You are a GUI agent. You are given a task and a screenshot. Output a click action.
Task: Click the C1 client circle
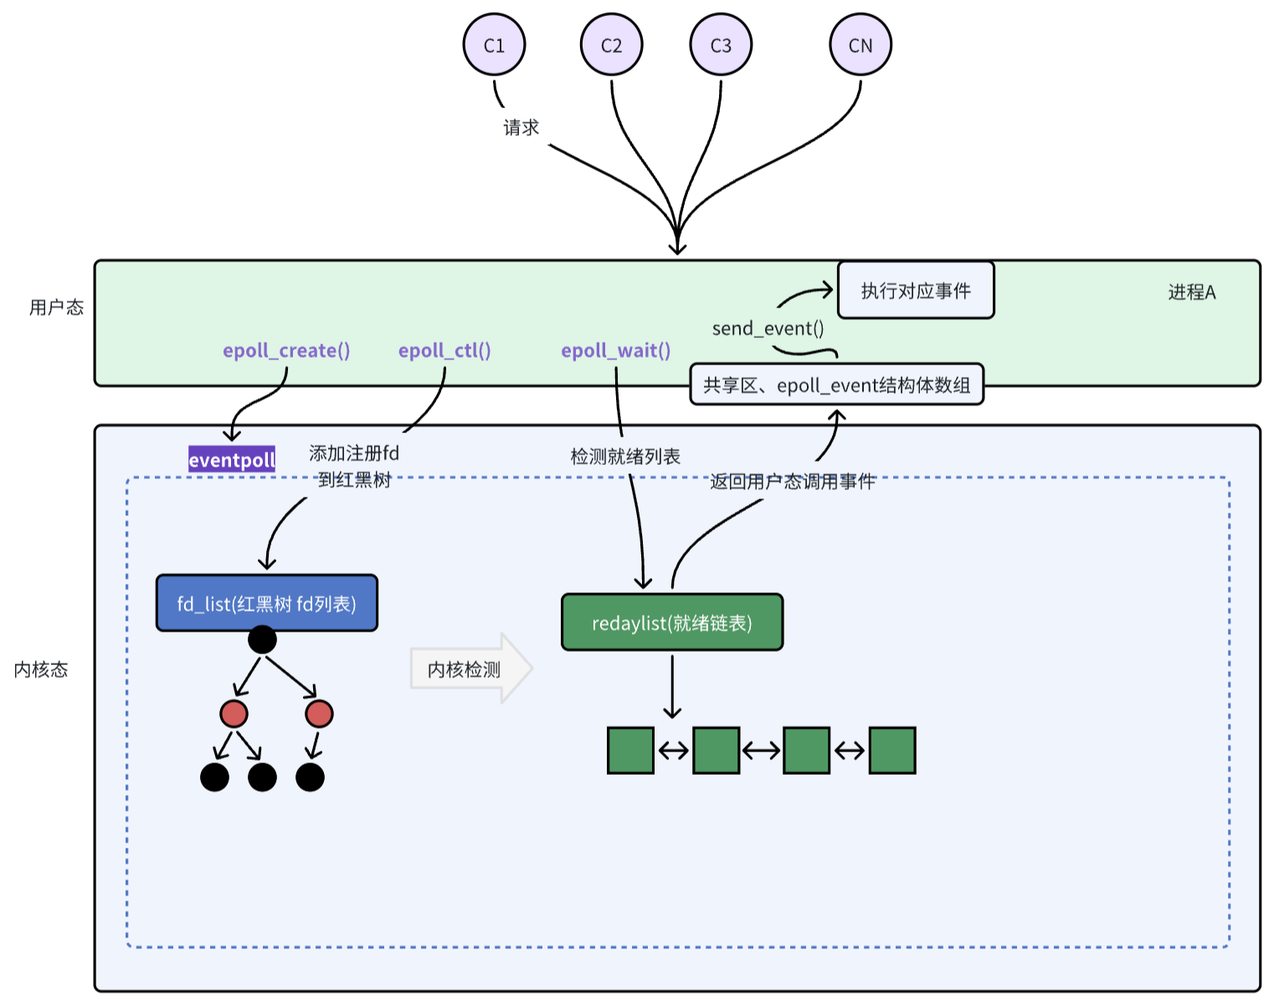[494, 44]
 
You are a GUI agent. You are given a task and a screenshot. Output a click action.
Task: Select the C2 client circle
[611, 44]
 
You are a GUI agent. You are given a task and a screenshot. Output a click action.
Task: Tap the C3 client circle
[721, 44]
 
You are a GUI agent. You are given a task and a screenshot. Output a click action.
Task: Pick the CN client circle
[860, 44]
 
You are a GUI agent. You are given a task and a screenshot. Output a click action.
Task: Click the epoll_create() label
[286, 350]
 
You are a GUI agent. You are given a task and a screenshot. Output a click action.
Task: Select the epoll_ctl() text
[444, 350]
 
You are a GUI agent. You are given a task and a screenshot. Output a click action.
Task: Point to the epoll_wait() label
[615, 350]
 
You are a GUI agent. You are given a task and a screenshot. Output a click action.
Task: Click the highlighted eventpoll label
[232, 459]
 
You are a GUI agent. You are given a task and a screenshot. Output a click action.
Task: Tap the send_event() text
[768, 328]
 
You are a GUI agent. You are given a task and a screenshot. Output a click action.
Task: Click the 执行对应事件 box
[915, 291]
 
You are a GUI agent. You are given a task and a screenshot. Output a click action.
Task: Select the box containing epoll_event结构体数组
[836, 384]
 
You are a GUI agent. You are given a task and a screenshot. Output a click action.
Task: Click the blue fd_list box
[267, 603]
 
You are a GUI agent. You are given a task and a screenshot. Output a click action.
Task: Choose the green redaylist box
[672, 622]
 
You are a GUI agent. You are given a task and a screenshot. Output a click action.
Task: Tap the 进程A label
[1191, 292]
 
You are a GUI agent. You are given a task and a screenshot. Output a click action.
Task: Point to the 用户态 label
[56, 307]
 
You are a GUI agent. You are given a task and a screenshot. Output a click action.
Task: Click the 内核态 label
[40, 669]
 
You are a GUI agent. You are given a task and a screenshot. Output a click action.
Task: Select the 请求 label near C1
[521, 126]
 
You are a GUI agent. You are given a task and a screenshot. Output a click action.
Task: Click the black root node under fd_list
[262, 639]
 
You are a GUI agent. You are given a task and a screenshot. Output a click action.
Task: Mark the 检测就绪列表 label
[625, 457]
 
